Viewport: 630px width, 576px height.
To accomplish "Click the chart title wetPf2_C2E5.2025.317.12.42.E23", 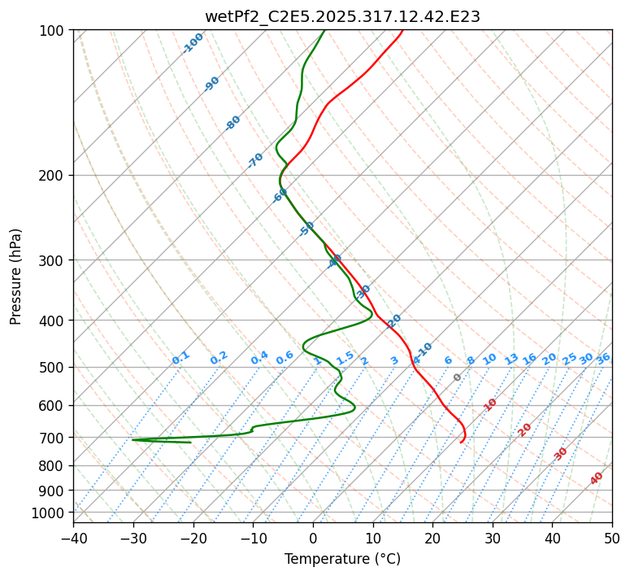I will [x=342, y=16].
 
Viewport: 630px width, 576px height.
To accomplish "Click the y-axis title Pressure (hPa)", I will [x=16, y=277].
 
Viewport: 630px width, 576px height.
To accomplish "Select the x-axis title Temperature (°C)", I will [x=342, y=559].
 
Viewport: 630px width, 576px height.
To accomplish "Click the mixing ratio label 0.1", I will [x=180, y=357].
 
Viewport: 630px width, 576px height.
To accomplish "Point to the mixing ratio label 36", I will [x=603, y=358].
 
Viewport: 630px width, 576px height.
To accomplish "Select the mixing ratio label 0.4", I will [x=259, y=358].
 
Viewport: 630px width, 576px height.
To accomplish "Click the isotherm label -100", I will [x=193, y=42].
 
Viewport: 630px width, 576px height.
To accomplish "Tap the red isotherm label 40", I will [x=597, y=478].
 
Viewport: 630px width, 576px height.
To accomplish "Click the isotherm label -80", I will [x=233, y=123].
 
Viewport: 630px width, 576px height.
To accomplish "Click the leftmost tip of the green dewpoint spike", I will [x=132, y=440].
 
